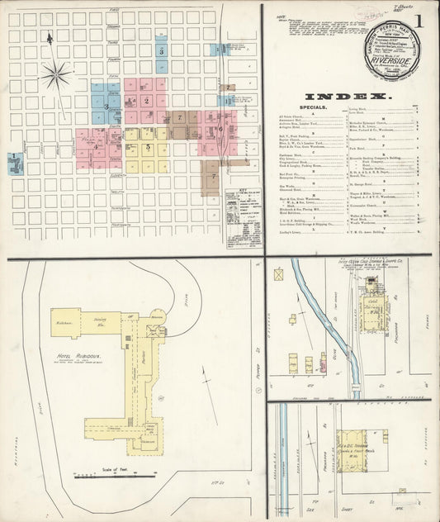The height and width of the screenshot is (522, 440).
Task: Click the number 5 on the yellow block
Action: (x=148, y=148)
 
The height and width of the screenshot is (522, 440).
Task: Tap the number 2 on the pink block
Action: (x=146, y=101)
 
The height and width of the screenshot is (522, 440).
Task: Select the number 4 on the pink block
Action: (x=97, y=148)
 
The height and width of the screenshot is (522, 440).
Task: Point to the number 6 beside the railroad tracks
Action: (x=220, y=128)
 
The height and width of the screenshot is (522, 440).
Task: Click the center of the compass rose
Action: (x=56, y=76)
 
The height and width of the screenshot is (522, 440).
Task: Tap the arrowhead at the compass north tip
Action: (x=50, y=37)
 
